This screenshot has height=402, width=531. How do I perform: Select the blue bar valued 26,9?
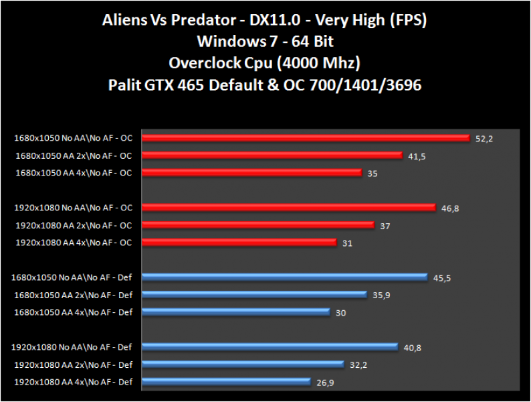click(227, 382)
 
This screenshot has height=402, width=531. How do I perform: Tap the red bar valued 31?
click(239, 243)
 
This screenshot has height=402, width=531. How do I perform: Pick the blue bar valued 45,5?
click(285, 277)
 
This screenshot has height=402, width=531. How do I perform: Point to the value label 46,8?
click(449, 208)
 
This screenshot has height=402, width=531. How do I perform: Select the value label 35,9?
click(381, 295)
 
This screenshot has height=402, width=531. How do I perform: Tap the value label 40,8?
click(412, 347)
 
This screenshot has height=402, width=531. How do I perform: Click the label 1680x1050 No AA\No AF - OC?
click(73, 138)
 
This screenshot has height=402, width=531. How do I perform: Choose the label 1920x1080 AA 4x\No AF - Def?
click(74, 382)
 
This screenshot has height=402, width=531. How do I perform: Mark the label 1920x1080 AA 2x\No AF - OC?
click(74, 225)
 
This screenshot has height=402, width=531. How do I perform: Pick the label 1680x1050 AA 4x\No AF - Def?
click(73, 312)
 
